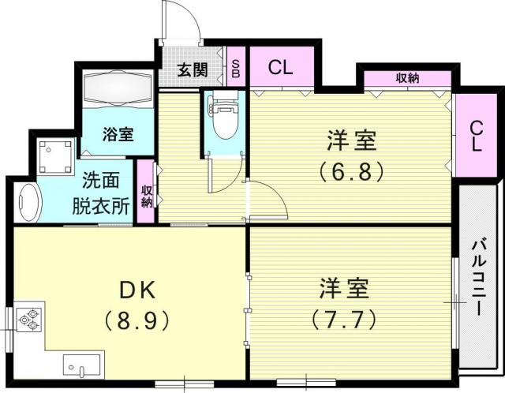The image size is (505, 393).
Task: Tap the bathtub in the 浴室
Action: (x=118, y=88)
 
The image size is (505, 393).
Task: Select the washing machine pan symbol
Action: (x=55, y=156)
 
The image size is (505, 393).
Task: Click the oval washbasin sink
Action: (x=30, y=203)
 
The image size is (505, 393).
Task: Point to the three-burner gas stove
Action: (x=29, y=320)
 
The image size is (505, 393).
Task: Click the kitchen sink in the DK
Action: (x=81, y=365)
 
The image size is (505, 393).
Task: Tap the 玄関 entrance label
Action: (x=193, y=69)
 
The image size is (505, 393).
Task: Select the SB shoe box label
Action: (x=236, y=69)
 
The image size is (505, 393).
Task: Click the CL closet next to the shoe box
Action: (x=282, y=66)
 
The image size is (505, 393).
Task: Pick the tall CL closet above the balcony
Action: (x=477, y=135)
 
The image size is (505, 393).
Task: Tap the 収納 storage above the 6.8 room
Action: (x=407, y=79)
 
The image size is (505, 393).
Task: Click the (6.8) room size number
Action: (x=352, y=171)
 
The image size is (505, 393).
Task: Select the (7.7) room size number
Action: (x=344, y=319)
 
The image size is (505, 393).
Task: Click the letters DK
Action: (x=137, y=290)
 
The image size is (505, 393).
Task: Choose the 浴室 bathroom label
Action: (x=118, y=134)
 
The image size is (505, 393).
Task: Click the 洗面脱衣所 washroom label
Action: (x=101, y=193)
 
